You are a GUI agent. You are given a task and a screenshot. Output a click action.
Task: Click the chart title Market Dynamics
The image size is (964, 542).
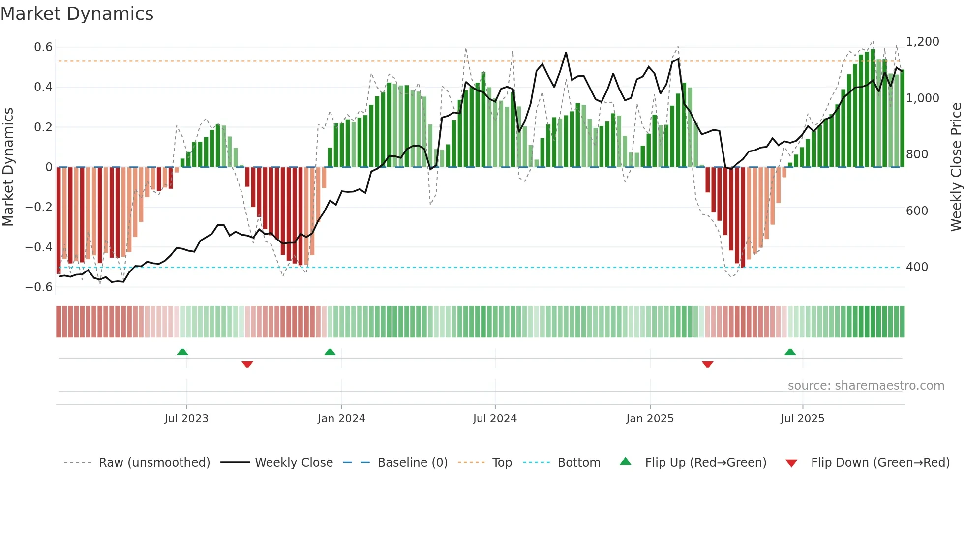(x=77, y=14)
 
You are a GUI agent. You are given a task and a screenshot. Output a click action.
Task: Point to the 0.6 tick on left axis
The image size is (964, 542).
(x=43, y=47)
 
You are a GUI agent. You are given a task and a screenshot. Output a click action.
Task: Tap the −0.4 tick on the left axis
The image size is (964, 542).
(x=39, y=247)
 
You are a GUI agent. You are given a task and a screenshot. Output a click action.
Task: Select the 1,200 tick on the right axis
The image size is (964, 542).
(x=923, y=42)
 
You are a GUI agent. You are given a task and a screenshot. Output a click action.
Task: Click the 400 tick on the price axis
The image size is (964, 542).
(x=917, y=267)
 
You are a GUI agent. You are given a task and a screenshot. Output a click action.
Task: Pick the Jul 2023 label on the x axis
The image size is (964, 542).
(x=186, y=419)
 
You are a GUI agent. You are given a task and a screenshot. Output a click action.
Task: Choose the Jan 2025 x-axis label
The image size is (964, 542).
(x=650, y=419)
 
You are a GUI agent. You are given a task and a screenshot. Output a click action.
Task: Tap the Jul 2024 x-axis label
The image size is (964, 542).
(x=495, y=419)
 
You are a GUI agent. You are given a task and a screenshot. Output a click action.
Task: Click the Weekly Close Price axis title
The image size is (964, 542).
(x=956, y=167)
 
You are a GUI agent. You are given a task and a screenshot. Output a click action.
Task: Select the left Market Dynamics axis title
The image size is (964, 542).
(x=8, y=167)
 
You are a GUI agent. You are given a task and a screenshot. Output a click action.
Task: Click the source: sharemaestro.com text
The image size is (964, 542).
(x=866, y=386)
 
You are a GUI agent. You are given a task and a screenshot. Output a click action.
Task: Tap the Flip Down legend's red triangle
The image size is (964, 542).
(x=791, y=463)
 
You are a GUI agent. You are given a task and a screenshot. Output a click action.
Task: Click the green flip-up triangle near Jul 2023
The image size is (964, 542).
(x=182, y=352)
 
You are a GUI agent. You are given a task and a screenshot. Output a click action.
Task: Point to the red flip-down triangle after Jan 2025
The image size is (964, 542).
(x=707, y=364)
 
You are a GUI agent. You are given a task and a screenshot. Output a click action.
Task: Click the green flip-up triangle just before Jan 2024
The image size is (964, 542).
(x=330, y=352)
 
